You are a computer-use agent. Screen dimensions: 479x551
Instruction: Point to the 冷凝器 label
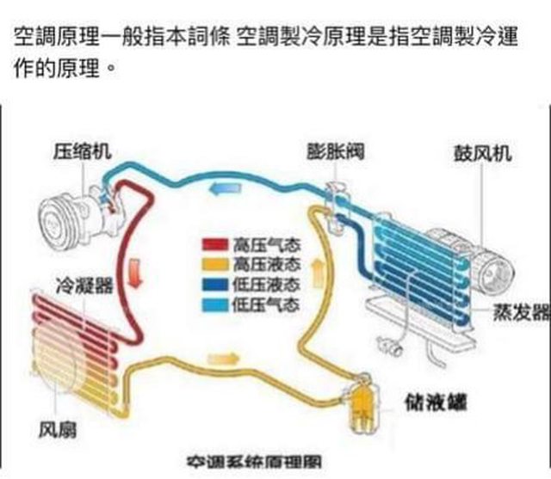(83, 286)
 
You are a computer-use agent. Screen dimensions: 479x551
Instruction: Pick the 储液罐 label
(431, 402)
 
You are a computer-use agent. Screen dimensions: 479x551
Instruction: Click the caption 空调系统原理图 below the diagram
(250, 464)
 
